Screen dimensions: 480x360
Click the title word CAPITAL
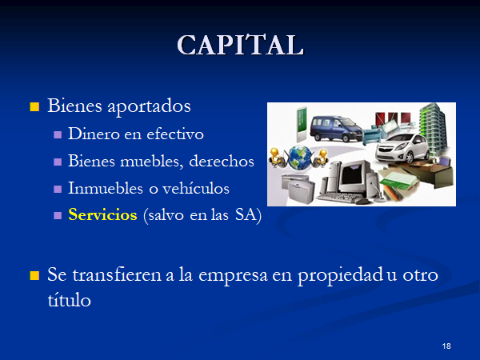[240, 45]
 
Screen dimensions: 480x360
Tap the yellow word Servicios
[102, 214]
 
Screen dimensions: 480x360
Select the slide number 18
[446, 346]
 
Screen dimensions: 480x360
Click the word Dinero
[94, 134]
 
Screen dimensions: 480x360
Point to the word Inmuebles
[106, 188]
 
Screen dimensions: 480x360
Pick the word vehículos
[196, 188]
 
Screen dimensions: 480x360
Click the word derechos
[222, 161]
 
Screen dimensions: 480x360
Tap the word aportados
[149, 107]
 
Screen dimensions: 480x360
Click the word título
[69, 299]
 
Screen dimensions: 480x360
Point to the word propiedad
[340, 275]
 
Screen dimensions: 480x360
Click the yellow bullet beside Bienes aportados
[34, 107]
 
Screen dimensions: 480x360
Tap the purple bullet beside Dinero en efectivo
[58, 134]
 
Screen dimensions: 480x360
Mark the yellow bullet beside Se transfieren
[34, 275]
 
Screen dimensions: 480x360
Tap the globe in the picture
[300, 158]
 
